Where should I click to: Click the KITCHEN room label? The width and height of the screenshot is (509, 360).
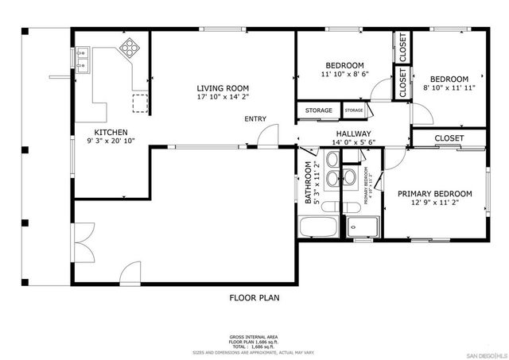111,132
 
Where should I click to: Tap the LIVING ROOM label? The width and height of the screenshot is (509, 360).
223,88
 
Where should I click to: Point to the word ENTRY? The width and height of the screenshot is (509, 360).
255,119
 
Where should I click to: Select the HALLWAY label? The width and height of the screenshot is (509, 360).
353,134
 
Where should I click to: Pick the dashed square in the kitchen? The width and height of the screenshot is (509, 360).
140,101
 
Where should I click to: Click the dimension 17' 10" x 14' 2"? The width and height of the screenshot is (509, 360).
223,99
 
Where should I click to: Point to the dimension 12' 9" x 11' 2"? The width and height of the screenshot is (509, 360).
434,203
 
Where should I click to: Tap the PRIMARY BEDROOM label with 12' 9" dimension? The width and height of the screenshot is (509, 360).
435,193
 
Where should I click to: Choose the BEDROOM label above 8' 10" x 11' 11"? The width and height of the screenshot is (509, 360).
450,79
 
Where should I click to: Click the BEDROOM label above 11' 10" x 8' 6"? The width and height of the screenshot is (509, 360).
344,65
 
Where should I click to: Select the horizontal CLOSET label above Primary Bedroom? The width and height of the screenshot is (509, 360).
449,138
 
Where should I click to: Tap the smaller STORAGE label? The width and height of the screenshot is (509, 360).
354,110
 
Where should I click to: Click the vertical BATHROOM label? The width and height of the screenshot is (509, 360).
308,184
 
